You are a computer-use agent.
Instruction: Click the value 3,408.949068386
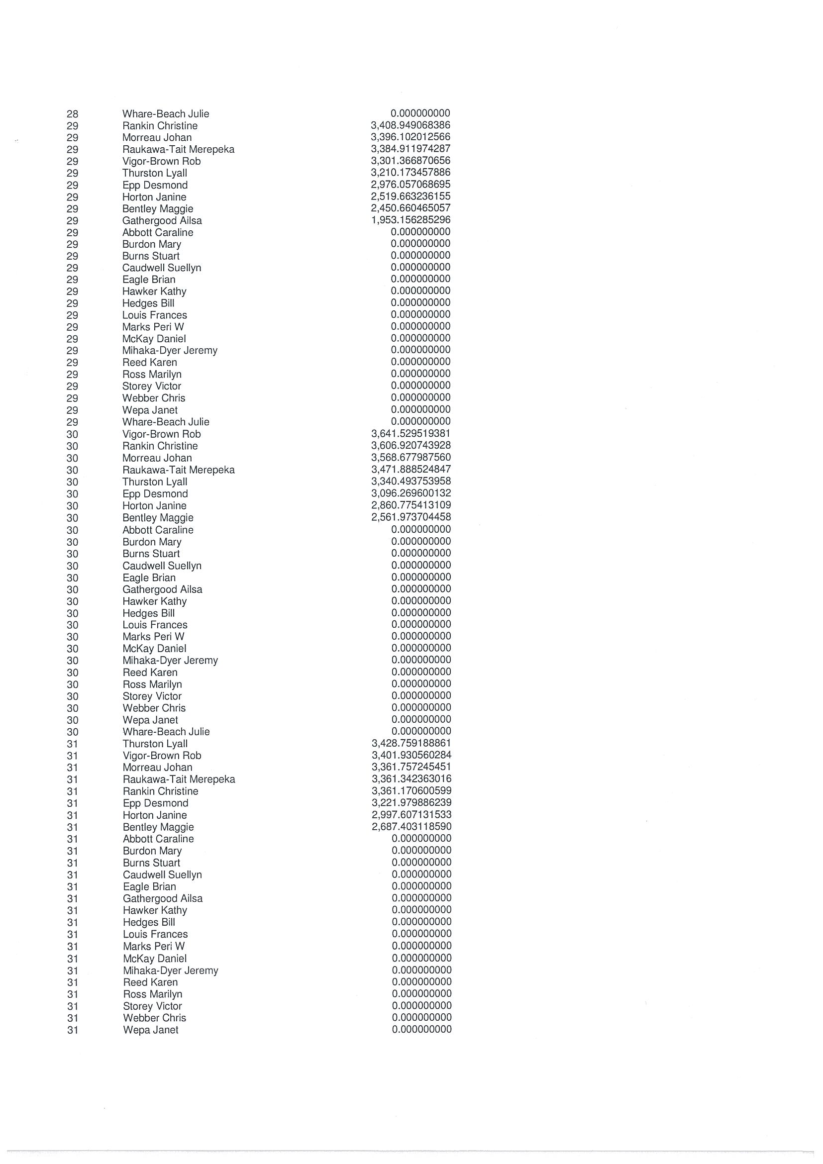point(410,125)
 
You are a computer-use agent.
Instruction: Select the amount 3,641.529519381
point(410,433)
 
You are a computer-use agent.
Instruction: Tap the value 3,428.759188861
point(411,743)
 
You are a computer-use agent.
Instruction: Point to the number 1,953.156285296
point(410,220)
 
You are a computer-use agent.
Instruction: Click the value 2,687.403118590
point(411,826)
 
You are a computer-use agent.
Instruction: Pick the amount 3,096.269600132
point(411,493)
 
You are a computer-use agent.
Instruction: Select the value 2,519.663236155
point(410,196)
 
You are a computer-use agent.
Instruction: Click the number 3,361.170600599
point(411,791)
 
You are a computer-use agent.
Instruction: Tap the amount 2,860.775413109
point(411,505)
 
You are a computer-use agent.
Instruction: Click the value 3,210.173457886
point(410,173)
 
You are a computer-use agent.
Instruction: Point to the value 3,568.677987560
point(411,457)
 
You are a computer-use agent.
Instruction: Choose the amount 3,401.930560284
point(411,755)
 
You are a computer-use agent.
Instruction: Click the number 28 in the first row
point(73,114)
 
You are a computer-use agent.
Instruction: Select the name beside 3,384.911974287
point(178,150)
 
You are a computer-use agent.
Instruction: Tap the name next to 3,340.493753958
point(155,482)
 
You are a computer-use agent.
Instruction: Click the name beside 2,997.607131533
point(155,815)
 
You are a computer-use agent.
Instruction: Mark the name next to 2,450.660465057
point(158,209)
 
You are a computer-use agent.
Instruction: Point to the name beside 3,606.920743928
point(160,446)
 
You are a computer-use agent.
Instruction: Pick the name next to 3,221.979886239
point(155,803)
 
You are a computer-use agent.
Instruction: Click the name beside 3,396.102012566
point(157,137)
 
